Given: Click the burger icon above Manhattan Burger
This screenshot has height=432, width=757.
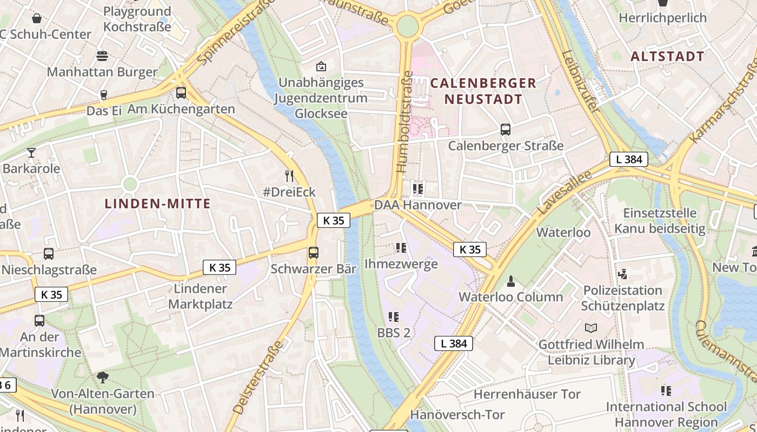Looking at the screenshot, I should [x=102, y=56].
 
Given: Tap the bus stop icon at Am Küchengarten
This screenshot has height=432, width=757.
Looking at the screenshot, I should [x=181, y=93].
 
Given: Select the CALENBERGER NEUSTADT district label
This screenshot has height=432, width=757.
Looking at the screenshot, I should [x=483, y=91].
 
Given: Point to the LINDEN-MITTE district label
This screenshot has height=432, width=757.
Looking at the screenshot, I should [x=157, y=204].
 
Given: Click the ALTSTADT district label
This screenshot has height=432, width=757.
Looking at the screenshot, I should [x=667, y=56].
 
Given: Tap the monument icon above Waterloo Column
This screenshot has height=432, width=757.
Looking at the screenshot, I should [x=510, y=281].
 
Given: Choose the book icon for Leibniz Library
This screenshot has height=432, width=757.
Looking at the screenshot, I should [x=592, y=328].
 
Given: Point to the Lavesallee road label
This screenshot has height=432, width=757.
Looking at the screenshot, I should [x=557, y=191].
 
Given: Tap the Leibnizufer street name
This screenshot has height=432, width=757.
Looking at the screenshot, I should [x=580, y=81].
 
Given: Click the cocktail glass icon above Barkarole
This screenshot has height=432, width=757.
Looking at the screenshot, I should [x=31, y=153].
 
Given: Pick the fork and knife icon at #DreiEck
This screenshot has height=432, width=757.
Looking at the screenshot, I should [x=289, y=176].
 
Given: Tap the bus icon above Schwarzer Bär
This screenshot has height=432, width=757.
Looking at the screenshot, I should [x=313, y=253].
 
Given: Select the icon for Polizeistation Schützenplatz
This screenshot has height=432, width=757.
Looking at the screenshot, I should [x=623, y=274].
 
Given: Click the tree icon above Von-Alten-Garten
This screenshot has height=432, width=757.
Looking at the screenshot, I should [x=102, y=377].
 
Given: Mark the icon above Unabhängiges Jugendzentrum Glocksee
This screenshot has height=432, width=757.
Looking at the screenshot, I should [x=321, y=66].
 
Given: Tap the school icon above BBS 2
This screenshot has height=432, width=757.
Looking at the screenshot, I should [x=393, y=317].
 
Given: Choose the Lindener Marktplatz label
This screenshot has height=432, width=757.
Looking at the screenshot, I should [x=200, y=296].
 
